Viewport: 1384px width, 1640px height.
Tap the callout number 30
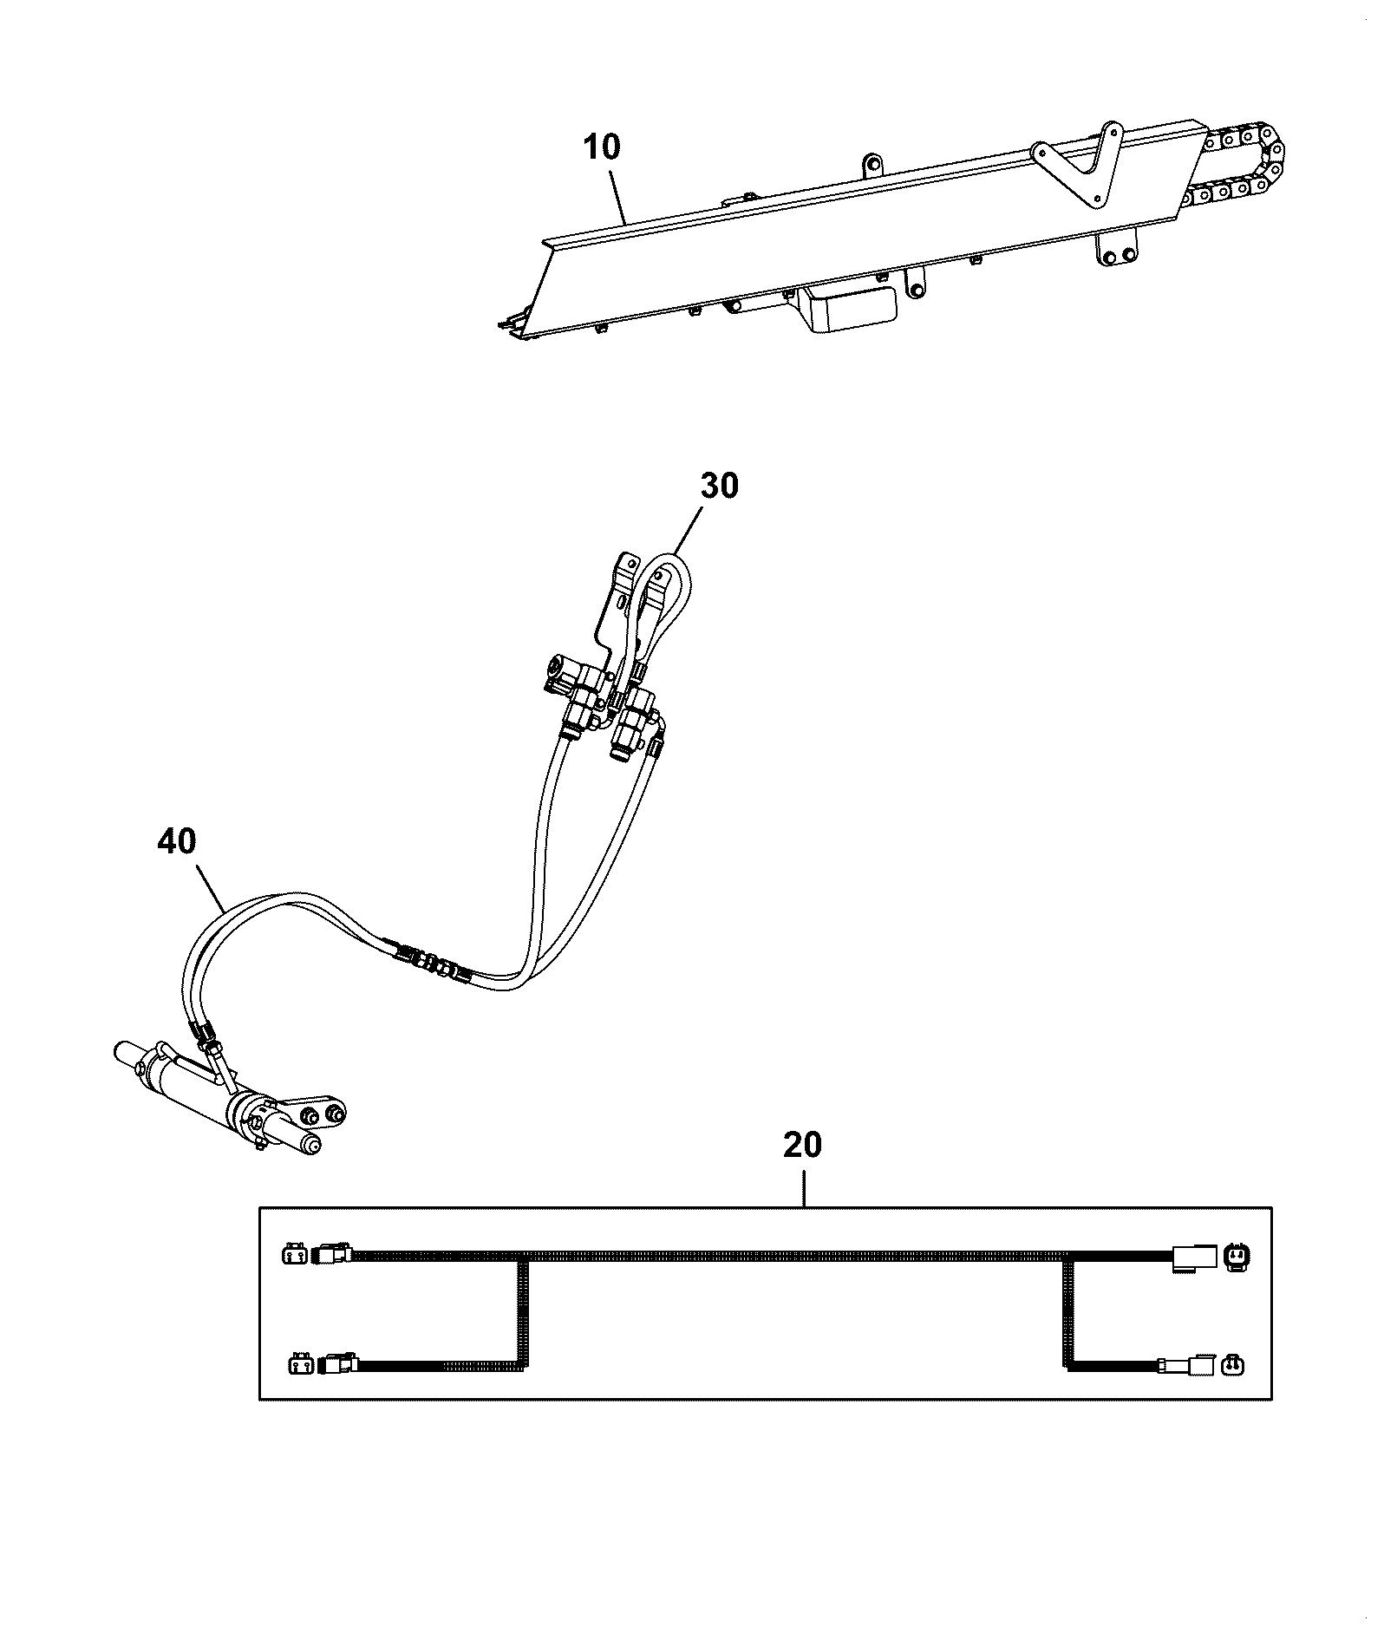(x=719, y=486)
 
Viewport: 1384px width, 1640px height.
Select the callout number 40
(x=177, y=840)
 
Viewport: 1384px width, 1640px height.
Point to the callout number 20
(x=802, y=1145)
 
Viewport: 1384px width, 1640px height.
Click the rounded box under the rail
(x=850, y=310)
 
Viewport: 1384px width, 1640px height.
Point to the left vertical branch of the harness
(x=523, y=1315)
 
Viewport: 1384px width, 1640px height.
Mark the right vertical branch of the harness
(x=1068, y=1315)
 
